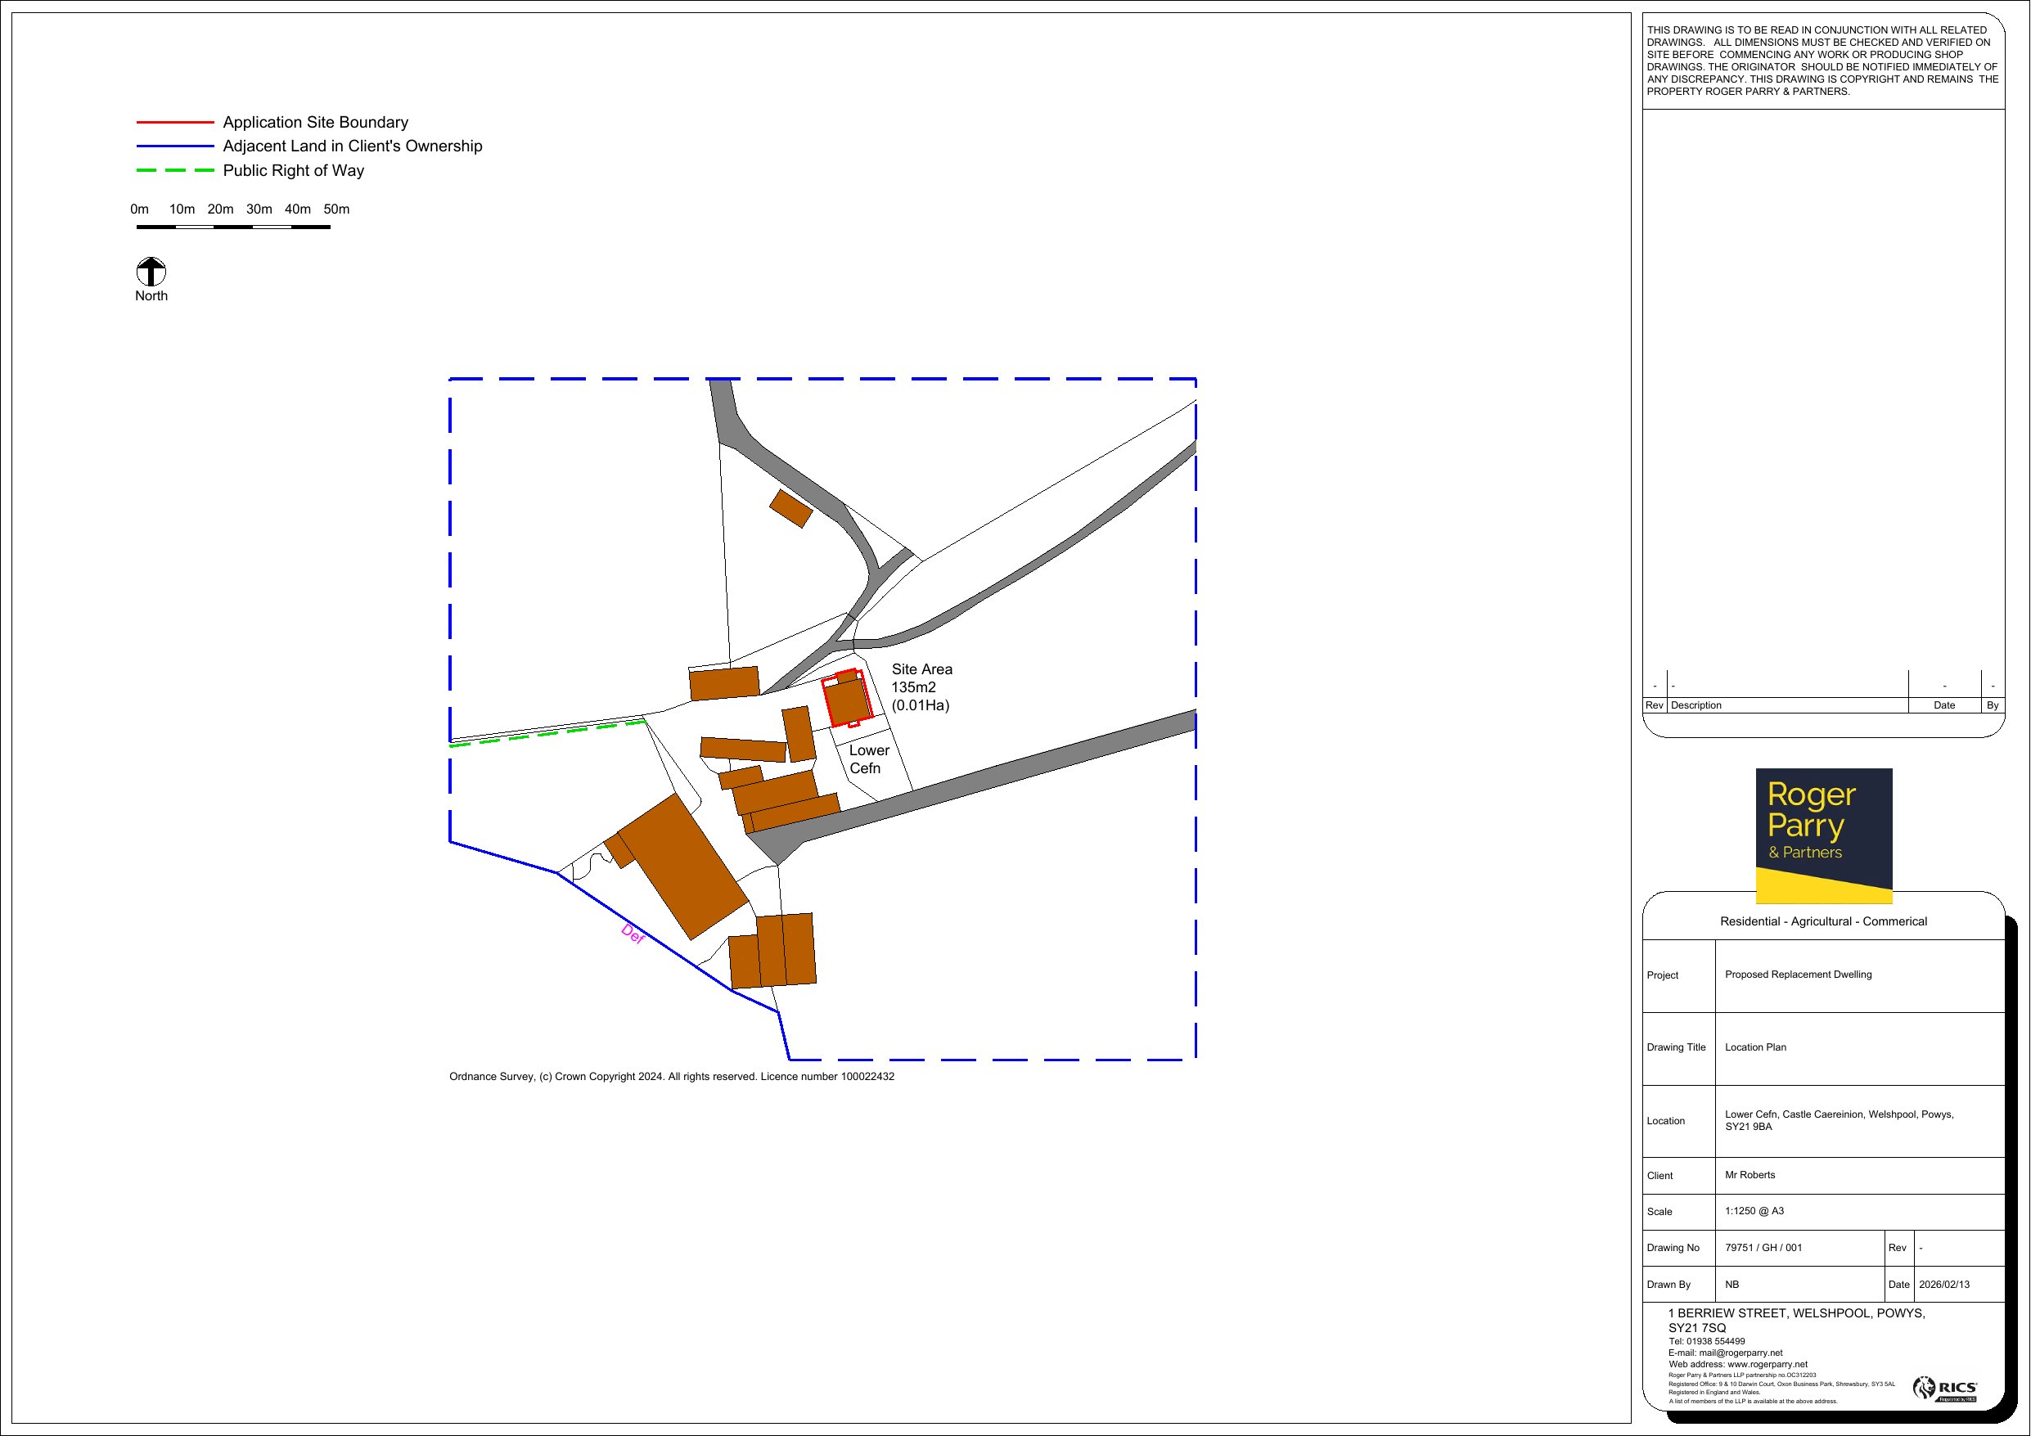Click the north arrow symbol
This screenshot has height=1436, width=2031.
click(151, 272)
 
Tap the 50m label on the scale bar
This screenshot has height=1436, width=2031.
click(336, 209)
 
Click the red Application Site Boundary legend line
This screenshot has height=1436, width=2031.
click(175, 122)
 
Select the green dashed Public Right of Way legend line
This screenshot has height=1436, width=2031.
click(175, 171)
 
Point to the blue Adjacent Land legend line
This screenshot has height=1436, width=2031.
click(175, 146)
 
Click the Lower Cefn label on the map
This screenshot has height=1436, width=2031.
click(869, 759)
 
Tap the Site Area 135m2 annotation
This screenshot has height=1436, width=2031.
click(921, 687)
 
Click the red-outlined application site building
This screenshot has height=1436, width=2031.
click(847, 699)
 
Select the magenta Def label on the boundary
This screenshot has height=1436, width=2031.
click(633, 934)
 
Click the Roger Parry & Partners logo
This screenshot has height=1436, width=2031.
click(1824, 836)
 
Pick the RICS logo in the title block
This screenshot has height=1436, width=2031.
click(1945, 1389)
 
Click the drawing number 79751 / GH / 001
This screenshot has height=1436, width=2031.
click(1763, 1248)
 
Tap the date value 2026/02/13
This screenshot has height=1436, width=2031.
click(1944, 1285)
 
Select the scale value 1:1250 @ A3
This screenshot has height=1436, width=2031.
click(1754, 1211)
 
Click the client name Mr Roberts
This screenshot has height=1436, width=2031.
click(1750, 1175)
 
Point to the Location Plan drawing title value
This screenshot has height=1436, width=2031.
click(1755, 1047)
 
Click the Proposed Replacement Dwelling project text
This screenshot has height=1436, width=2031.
click(1799, 975)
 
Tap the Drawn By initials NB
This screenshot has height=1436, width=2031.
click(1732, 1285)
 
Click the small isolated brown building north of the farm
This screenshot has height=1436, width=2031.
click(790, 509)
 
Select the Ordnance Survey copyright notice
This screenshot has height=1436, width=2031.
click(671, 1077)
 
